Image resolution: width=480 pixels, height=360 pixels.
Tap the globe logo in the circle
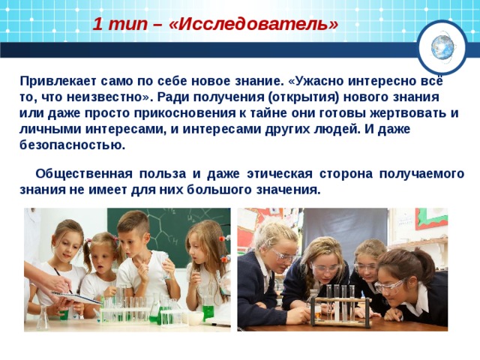click(442, 46)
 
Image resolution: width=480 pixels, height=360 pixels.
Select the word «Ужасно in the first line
click(316, 80)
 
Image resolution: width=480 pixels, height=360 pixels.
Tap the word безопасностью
click(72, 145)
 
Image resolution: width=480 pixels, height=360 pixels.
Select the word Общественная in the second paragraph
click(83, 173)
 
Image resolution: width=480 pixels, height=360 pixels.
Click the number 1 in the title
click(97, 23)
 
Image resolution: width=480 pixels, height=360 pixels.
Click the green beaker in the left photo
click(208, 309)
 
